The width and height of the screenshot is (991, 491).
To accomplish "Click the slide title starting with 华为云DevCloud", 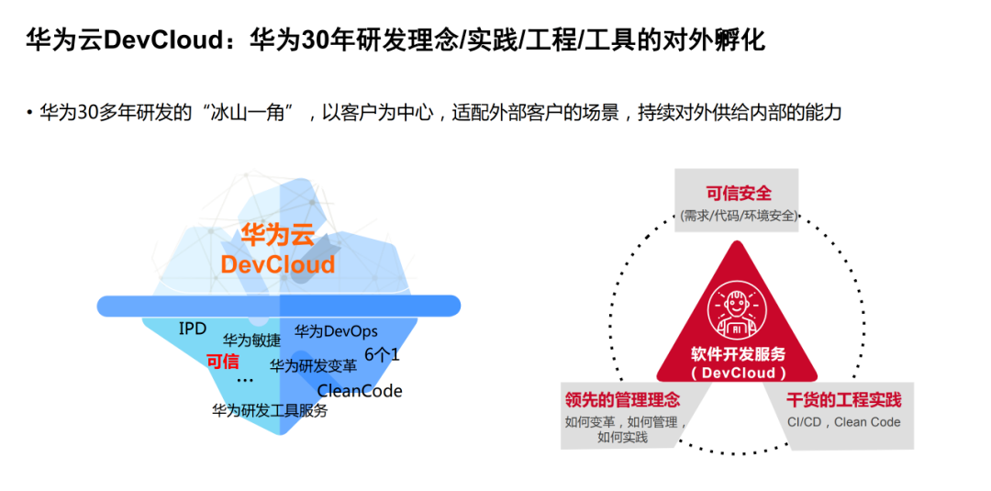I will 395,41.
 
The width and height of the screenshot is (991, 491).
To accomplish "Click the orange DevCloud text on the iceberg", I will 277,265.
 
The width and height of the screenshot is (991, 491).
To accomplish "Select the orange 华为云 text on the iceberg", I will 277,235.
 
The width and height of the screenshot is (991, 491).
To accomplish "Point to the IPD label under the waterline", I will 193,329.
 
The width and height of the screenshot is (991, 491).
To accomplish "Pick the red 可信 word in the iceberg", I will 222,362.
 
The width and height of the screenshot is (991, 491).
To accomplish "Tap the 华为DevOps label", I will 336,331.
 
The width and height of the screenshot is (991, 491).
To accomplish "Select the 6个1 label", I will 382,354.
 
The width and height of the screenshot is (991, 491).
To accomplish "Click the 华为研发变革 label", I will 313,365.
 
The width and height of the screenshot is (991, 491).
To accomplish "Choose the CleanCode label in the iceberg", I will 360,391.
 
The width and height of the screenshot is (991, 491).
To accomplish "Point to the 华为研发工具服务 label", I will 270,411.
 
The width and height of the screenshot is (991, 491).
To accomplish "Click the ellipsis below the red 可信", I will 244,378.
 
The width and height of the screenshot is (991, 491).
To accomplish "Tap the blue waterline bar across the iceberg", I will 279,306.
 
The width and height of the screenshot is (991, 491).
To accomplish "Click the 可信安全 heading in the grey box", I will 739,194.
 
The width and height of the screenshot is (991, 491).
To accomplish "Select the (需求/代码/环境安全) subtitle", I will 739,217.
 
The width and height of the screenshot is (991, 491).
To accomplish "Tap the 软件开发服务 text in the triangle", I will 739,355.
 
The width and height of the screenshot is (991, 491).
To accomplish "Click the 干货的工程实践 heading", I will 843,400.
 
